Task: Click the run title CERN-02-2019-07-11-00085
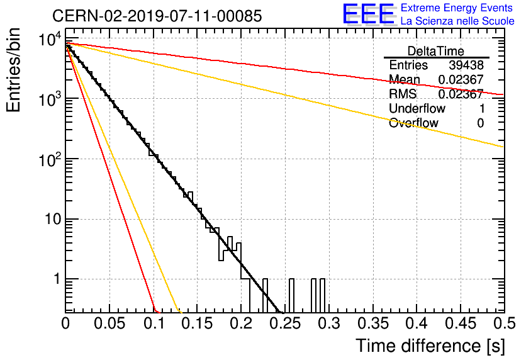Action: (x=157, y=16)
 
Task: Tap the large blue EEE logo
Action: (x=369, y=14)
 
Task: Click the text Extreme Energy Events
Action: (x=457, y=8)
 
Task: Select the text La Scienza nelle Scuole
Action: (x=457, y=21)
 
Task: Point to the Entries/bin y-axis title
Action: (x=13, y=70)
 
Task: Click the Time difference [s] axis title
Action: (x=430, y=346)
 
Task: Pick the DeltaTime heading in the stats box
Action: (x=436, y=51)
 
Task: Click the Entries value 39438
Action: (x=466, y=65)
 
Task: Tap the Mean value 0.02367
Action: (x=461, y=79)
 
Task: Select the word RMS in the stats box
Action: (x=403, y=94)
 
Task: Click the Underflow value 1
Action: (x=482, y=108)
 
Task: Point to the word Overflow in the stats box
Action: (x=413, y=123)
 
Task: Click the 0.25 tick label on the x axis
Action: (x=284, y=323)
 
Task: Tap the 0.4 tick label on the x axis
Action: (x=417, y=323)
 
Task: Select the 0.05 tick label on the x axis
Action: (x=109, y=323)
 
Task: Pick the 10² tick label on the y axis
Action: (x=50, y=159)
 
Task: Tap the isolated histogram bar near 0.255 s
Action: (x=291, y=295)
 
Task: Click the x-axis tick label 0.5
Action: (x=504, y=323)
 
